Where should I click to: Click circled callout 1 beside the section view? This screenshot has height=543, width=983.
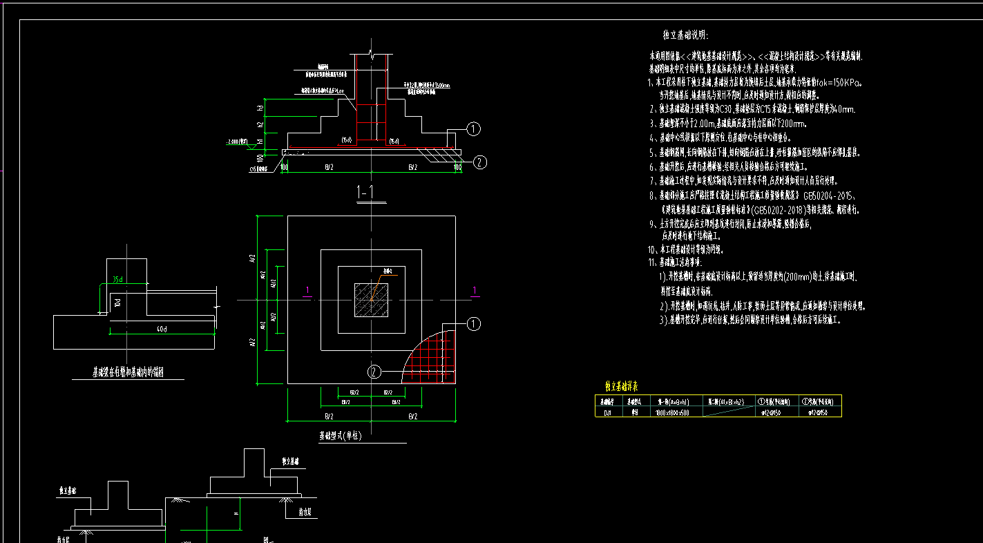pyautogui.click(x=473, y=128)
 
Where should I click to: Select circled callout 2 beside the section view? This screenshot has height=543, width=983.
pyautogui.click(x=479, y=162)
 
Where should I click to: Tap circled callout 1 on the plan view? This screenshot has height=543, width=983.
pyautogui.click(x=473, y=324)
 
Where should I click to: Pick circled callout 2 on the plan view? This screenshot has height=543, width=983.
pyautogui.click(x=374, y=372)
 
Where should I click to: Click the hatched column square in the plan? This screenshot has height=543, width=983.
pyautogui.click(x=371, y=300)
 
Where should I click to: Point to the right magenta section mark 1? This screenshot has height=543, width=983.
pyautogui.click(x=474, y=289)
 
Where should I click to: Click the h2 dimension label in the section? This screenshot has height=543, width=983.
pyautogui.click(x=262, y=124)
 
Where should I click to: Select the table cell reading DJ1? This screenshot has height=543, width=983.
pyautogui.click(x=607, y=412)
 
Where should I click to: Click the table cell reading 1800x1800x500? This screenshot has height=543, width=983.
pyautogui.click(x=671, y=412)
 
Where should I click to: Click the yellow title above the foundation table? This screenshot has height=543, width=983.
pyautogui.click(x=621, y=387)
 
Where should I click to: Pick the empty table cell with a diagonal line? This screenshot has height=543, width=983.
pyautogui.click(x=727, y=412)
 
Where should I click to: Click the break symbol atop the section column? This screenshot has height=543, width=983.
pyautogui.click(x=372, y=53)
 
